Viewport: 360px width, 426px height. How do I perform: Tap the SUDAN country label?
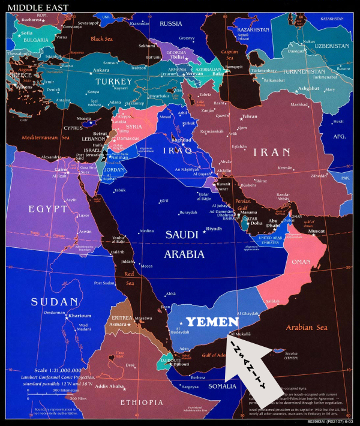coord(55,302)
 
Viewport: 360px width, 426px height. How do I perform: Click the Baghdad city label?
coord(181,140)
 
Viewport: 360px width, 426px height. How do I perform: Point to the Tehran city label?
coord(249,116)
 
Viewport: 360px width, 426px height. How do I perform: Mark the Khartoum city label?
coord(79,316)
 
